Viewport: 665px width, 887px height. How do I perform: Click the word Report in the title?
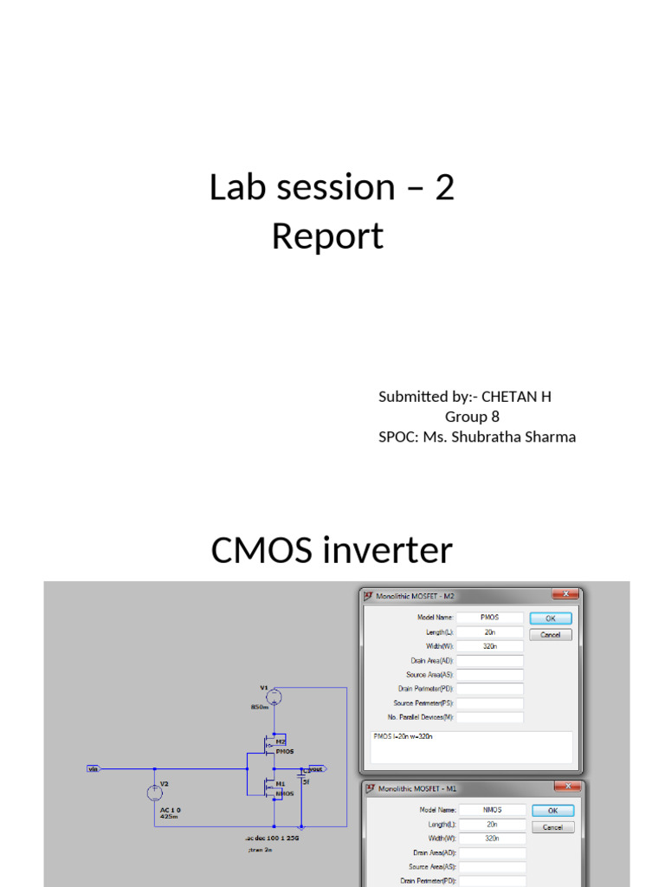(x=327, y=236)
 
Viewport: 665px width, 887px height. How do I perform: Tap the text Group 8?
(x=472, y=417)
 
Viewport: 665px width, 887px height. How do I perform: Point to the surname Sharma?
(x=544, y=437)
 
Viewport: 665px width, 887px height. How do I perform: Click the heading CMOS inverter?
(x=332, y=550)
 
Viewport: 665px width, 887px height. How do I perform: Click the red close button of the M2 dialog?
(x=568, y=594)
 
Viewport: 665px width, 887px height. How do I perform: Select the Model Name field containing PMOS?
(x=490, y=618)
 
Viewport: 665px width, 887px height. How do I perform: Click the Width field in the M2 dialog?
(x=490, y=646)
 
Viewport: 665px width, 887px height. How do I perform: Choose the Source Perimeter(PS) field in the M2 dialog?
(x=490, y=703)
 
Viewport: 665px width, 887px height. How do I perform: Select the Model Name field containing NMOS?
(x=490, y=811)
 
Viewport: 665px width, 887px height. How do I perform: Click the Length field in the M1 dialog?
(x=490, y=825)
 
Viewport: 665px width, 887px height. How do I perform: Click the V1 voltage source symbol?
(x=273, y=696)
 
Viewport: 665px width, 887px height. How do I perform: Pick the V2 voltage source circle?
(x=156, y=791)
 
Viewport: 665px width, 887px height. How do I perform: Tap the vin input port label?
(x=93, y=768)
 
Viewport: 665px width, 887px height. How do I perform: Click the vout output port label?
(x=314, y=768)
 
